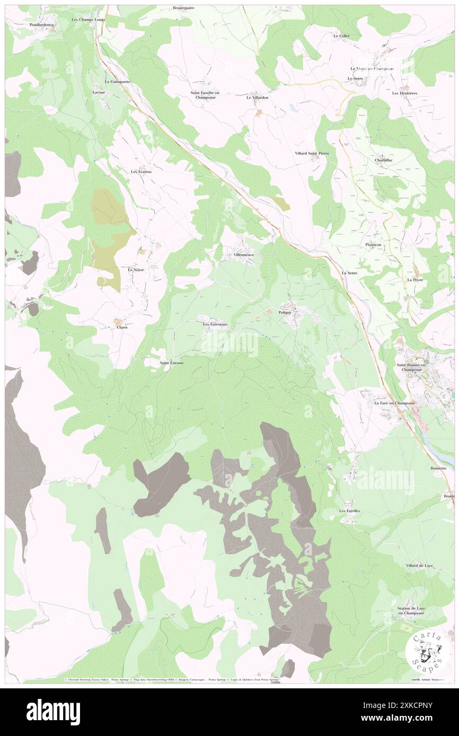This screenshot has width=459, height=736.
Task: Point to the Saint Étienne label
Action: pos(172,363)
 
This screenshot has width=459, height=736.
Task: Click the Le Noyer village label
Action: pos(136,270)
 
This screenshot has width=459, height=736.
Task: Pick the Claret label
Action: pos(122,327)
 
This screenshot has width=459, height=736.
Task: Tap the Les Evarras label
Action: pos(142,172)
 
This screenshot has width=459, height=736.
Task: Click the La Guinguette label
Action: pos(117,82)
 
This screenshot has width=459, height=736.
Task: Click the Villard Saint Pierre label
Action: pos(314,153)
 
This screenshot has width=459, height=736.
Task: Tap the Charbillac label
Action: pos(383,159)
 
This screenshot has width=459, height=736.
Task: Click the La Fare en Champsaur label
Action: pos(394,403)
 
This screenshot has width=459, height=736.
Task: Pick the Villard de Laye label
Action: pos(419,566)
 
